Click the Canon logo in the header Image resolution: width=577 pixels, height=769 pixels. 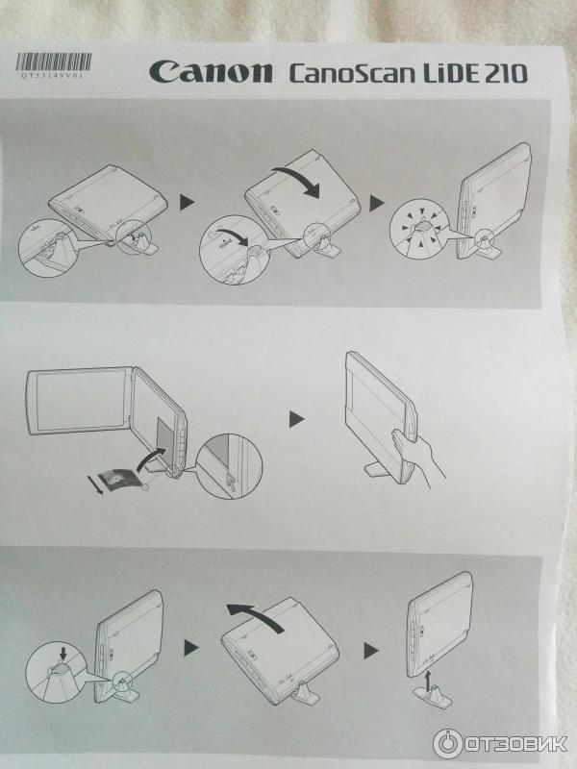tap(211, 72)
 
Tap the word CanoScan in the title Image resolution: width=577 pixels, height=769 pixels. tap(350, 73)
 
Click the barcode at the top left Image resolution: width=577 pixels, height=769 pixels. tap(54, 62)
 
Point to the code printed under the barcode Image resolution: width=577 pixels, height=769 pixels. tap(53, 76)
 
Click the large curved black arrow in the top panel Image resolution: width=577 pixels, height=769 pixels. tap(297, 181)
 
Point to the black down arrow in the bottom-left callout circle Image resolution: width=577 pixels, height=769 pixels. tap(63, 652)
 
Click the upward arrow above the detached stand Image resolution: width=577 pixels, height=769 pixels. tap(428, 681)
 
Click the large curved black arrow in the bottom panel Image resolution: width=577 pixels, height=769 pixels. tap(255, 617)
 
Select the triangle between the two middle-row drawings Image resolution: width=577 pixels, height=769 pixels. tap(296, 419)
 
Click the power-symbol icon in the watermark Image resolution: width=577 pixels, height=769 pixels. tap(447, 744)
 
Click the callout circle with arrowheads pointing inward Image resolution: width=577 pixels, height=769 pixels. tap(419, 229)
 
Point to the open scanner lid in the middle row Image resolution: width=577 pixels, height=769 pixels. tap(79, 401)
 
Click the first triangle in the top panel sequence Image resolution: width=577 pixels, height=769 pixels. tap(187, 203)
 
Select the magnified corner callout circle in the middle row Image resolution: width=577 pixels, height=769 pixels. tap(229, 466)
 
